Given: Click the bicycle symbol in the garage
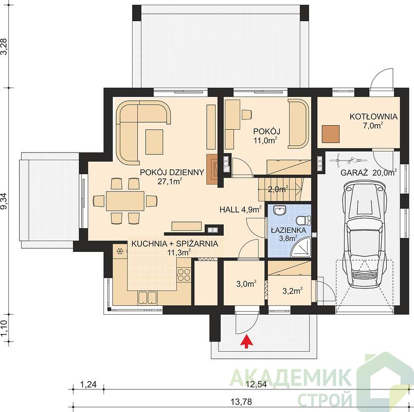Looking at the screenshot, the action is (x=349, y=160).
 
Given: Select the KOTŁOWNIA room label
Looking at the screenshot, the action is (x=373, y=116).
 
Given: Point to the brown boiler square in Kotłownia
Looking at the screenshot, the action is (x=331, y=134).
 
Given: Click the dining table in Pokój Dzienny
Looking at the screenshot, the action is (x=125, y=201).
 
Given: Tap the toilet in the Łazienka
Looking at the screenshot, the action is (x=303, y=220).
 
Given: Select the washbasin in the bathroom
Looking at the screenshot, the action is (x=279, y=211).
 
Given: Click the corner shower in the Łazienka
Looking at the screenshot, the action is (x=301, y=248).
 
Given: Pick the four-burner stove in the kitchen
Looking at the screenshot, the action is (x=184, y=274).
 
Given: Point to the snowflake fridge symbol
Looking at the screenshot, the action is (x=120, y=251).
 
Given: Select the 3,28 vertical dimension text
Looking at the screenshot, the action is (x=5, y=46).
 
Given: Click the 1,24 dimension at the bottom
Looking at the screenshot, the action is (x=88, y=384).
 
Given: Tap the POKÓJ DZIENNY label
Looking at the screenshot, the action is (x=172, y=173).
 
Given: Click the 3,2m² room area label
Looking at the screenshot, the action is (x=293, y=290).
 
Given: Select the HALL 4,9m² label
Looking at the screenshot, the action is (x=241, y=210).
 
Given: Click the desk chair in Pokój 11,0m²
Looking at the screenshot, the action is (x=247, y=114).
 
